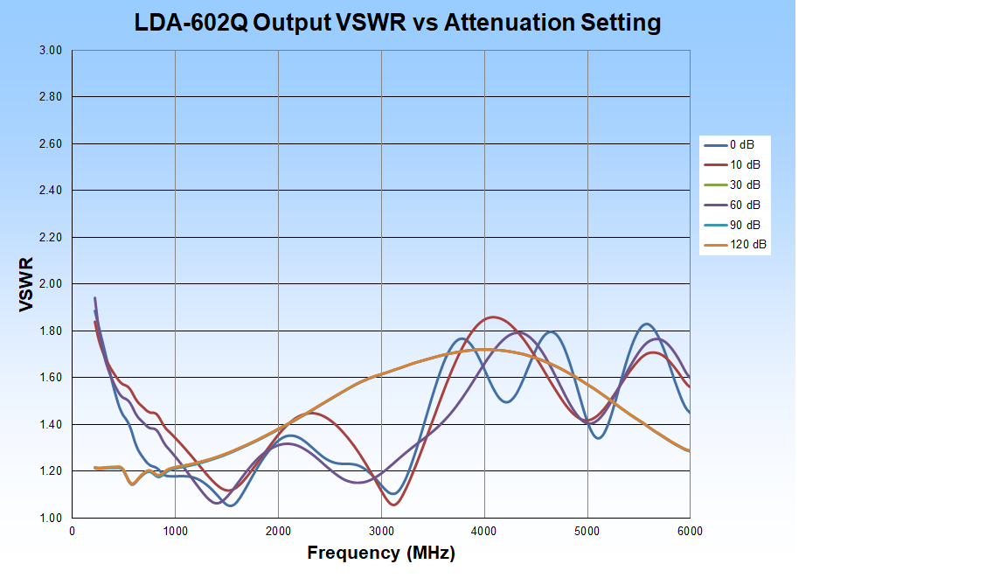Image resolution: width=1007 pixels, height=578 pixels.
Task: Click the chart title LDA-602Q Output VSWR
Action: point(397,23)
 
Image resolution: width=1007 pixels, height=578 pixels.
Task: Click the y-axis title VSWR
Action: point(26,284)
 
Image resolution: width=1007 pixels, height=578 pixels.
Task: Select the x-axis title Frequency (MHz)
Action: point(381,553)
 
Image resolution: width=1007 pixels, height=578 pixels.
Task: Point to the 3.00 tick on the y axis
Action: point(51,51)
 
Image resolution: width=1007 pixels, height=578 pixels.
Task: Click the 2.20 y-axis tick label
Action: point(51,237)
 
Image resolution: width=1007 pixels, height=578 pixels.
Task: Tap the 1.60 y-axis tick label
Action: point(51,378)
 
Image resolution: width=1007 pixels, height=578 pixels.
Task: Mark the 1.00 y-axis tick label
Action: point(51,518)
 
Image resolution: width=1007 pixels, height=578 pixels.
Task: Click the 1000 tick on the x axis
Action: point(175,531)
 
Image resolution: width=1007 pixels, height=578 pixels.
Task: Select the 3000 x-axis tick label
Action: point(381,531)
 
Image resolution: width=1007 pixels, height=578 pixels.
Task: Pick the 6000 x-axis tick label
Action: point(690,531)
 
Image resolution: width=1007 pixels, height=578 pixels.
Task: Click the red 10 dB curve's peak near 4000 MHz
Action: point(493,317)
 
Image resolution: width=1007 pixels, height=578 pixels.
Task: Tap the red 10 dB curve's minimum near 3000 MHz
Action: point(394,505)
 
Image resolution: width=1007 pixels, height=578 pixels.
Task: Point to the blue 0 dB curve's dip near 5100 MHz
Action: point(598,437)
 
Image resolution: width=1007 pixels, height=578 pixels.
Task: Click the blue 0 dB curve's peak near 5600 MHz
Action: point(646,324)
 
